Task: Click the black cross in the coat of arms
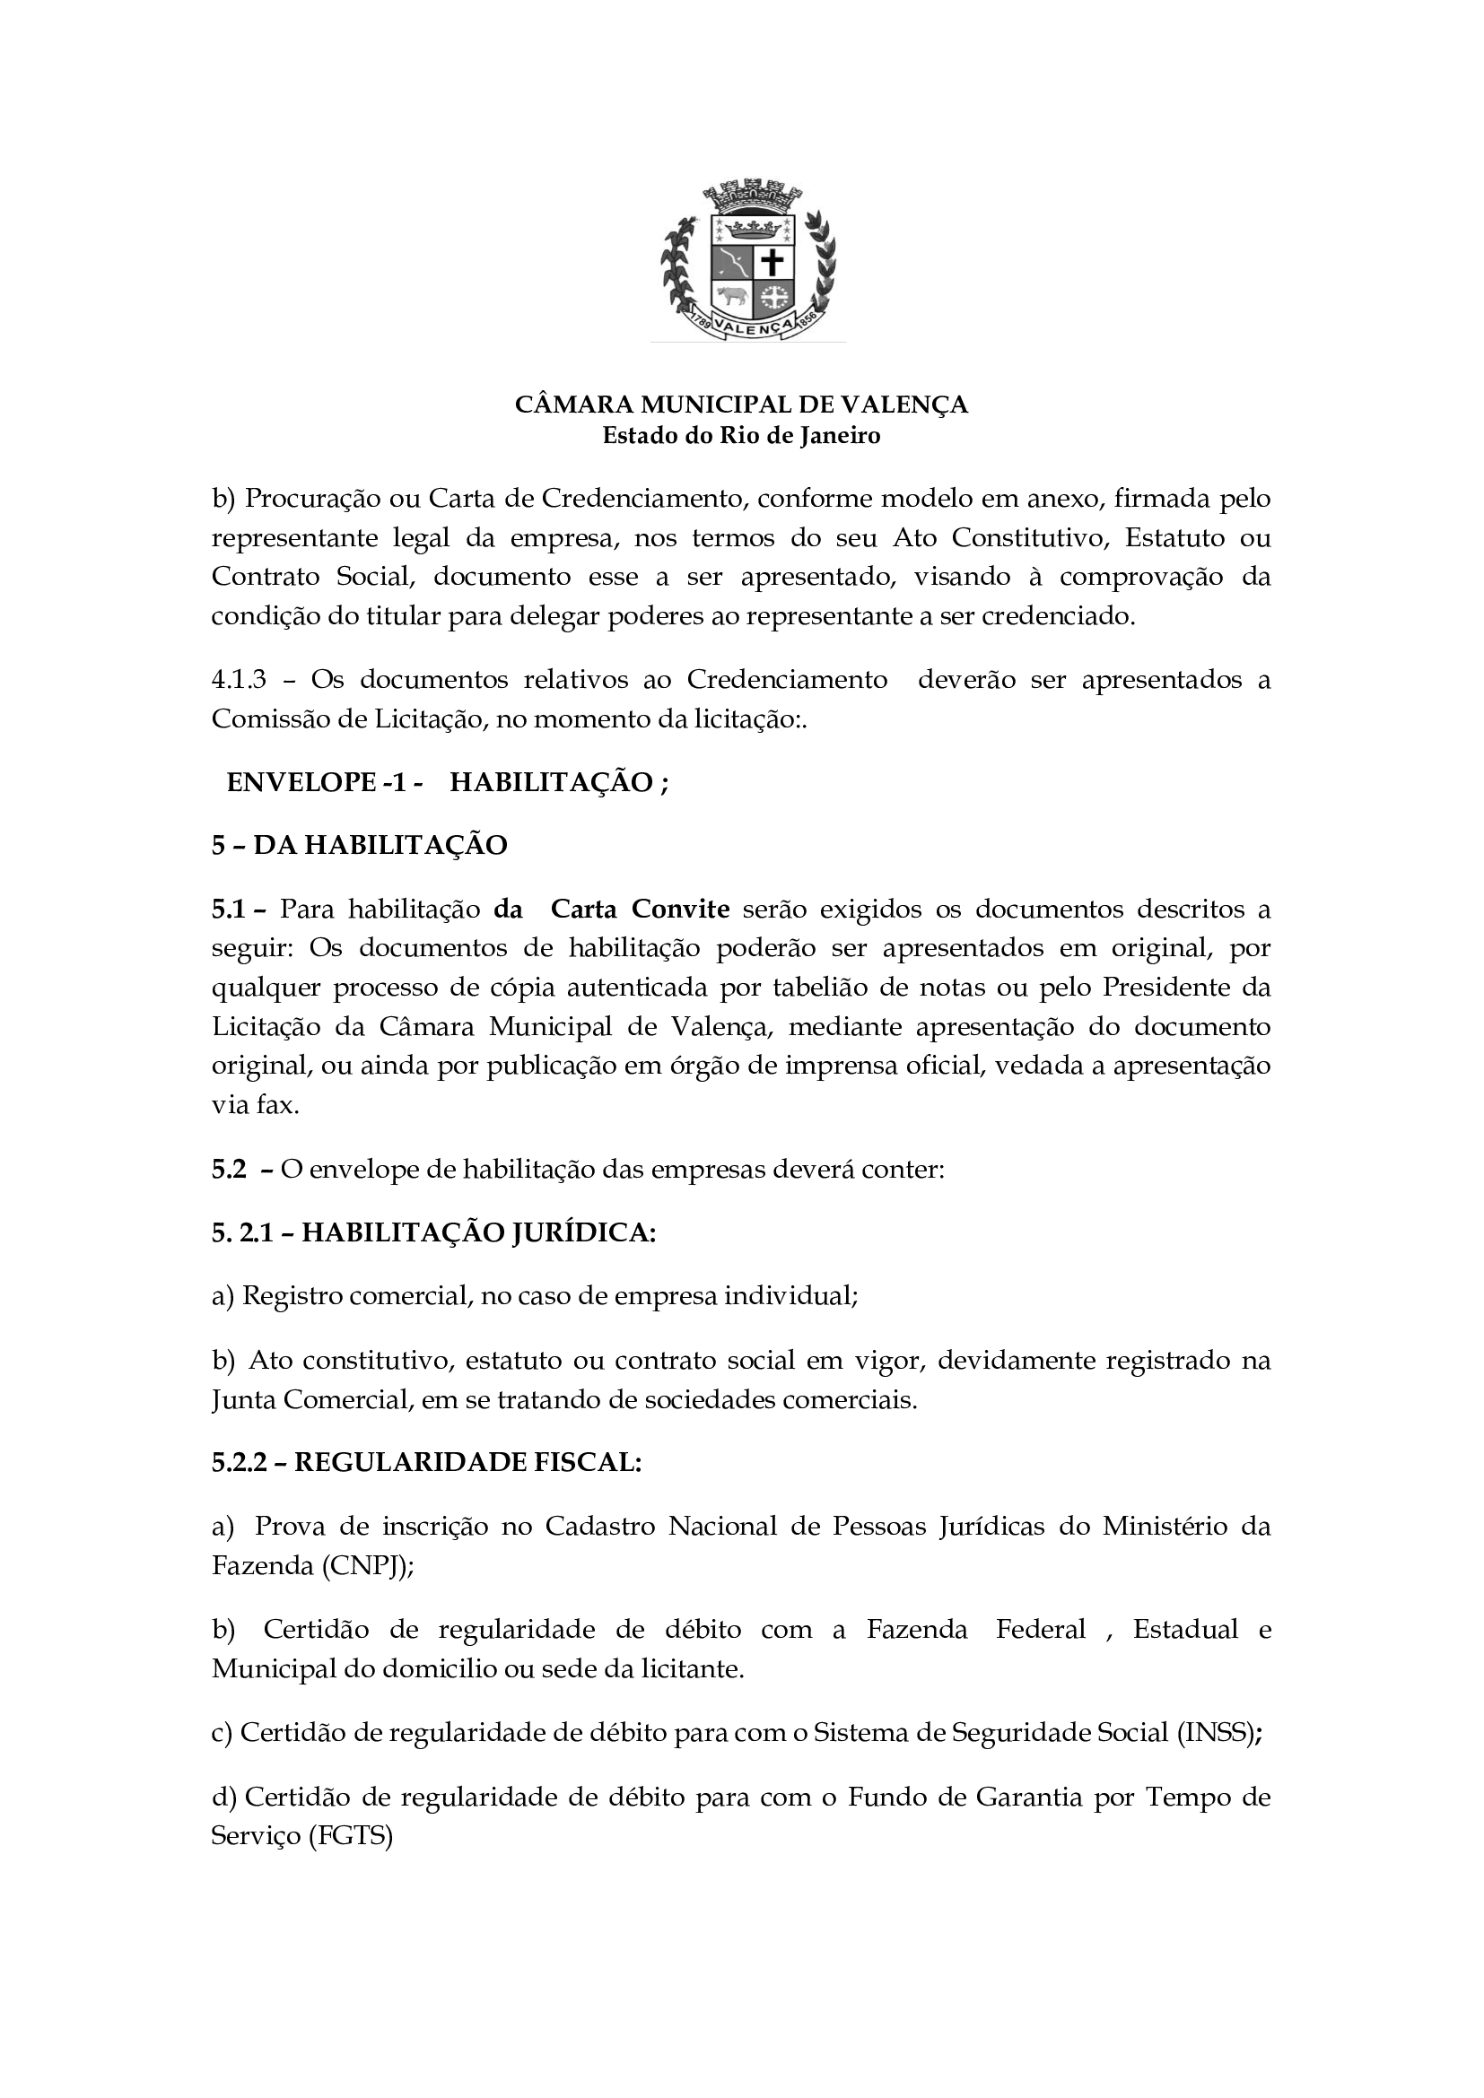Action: click(x=773, y=262)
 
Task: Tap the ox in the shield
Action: click(x=731, y=296)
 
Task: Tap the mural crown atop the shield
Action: click(x=754, y=196)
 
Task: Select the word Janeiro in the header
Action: click(x=840, y=436)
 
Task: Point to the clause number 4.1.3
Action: click(x=239, y=680)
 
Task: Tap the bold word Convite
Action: click(x=681, y=910)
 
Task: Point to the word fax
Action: click(x=277, y=1105)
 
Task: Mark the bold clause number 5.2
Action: click(x=229, y=1169)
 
